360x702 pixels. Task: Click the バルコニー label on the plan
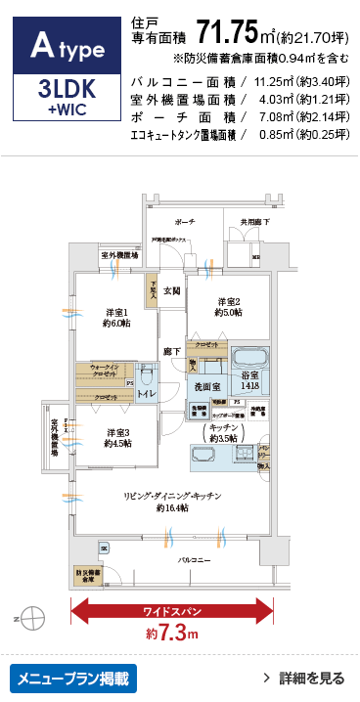point(194,559)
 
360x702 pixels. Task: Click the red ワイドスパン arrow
point(170,612)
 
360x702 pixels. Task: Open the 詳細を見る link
point(303,678)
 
